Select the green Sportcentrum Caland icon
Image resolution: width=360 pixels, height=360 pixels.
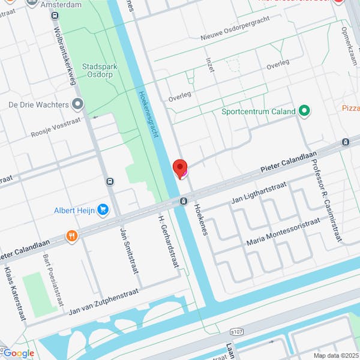304,111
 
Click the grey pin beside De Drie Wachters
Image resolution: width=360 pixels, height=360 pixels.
77,104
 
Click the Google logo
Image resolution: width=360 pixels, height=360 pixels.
18,353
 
